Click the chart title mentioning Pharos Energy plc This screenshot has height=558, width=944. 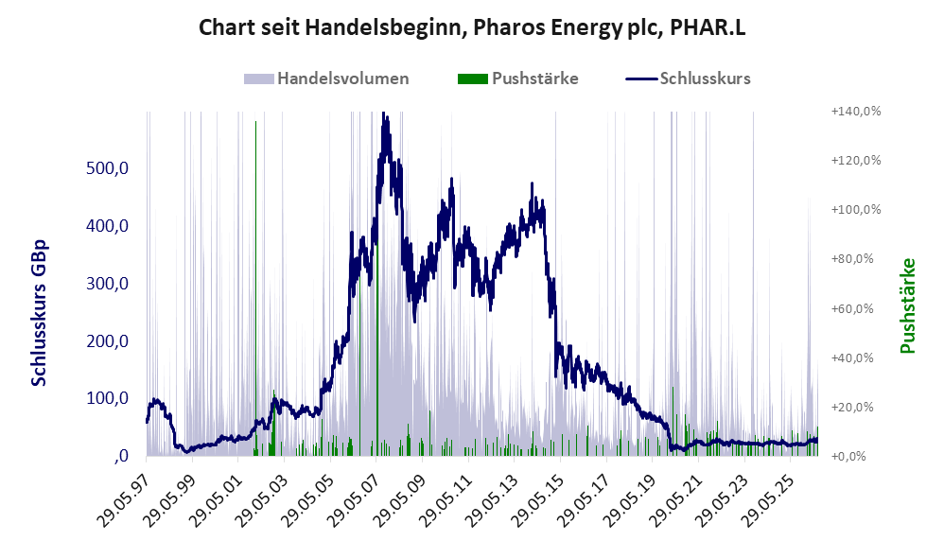pyautogui.click(x=472, y=27)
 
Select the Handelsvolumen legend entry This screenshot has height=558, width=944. pyautogui.click(x=326, y=78)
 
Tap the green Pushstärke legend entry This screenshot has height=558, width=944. pyautogui.click(x=517, y=78)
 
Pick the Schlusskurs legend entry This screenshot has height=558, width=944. pyautogui.click(x=688, y=78)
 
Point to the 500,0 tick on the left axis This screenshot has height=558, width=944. pyautogui.click(x=107, y=168)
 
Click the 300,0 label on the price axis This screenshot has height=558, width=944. pyautogui.click(x=107, y=283)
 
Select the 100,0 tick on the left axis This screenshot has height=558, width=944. pyautogui.click(x=107, y=398)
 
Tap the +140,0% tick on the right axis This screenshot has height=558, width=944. pyautogui.click(x=855, y=112)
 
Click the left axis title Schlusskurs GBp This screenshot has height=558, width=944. pyautogui.click(x=39, y=312)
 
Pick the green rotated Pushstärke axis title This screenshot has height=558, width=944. pyautogui.click(x=907, y=305)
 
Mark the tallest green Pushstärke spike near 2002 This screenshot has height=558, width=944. pyautogui.click(x=256, y=288)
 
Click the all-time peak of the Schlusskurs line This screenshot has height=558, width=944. pyautogui.click(x=383, y=113)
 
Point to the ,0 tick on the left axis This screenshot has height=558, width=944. pyautogui.click(x=121, y=456)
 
